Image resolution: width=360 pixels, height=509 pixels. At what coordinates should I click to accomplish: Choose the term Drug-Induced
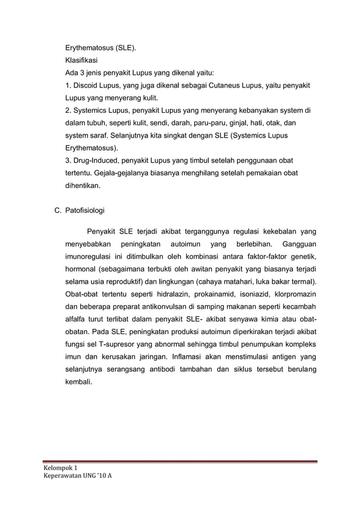click(x=95, y=160)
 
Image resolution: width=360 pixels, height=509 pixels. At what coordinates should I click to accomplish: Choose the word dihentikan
click(x=84, y=185)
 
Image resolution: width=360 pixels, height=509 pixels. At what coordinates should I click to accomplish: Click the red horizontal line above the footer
click(x=181, y=462)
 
